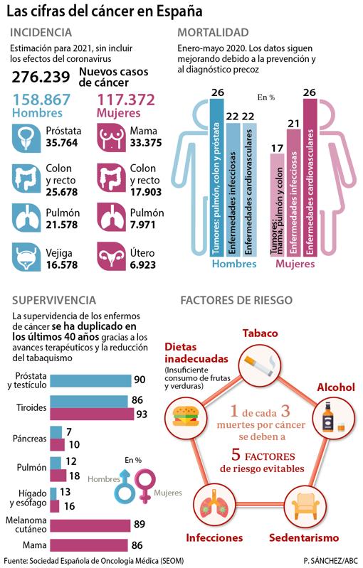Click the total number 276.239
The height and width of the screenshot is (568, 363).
click(40, 77)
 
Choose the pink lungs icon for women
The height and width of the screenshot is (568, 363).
click(112, 216)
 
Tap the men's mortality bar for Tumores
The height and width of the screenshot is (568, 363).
click(218, 178)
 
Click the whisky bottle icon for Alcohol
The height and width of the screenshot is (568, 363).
click(332, 416)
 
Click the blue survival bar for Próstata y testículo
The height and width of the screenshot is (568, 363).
click(90, 380)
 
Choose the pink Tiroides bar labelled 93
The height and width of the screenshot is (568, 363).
click(93, 414)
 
